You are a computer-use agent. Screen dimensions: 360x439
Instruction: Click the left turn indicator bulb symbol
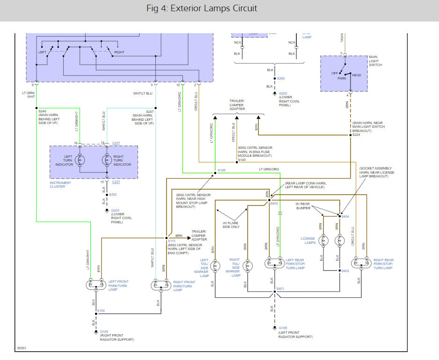tap(80, 159)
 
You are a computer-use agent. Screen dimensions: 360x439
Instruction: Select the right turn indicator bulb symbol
tap(106, 159)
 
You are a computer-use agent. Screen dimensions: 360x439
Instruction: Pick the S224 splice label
tap(356, 135)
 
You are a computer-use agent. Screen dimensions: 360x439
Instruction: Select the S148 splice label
tap(221, 170)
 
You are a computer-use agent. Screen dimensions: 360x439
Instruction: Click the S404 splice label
tap(345, 216)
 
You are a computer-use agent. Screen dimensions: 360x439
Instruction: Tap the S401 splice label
tap(280, 289)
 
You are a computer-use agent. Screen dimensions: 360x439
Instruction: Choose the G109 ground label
tap(104, 331)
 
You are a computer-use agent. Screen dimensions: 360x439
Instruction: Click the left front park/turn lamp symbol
tap(95, 285)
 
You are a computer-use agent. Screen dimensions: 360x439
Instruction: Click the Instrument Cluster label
tap(60, 184)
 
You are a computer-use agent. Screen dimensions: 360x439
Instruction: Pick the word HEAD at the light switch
tap(356, 75)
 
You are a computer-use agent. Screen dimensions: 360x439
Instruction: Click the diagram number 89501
tap(22, 348)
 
